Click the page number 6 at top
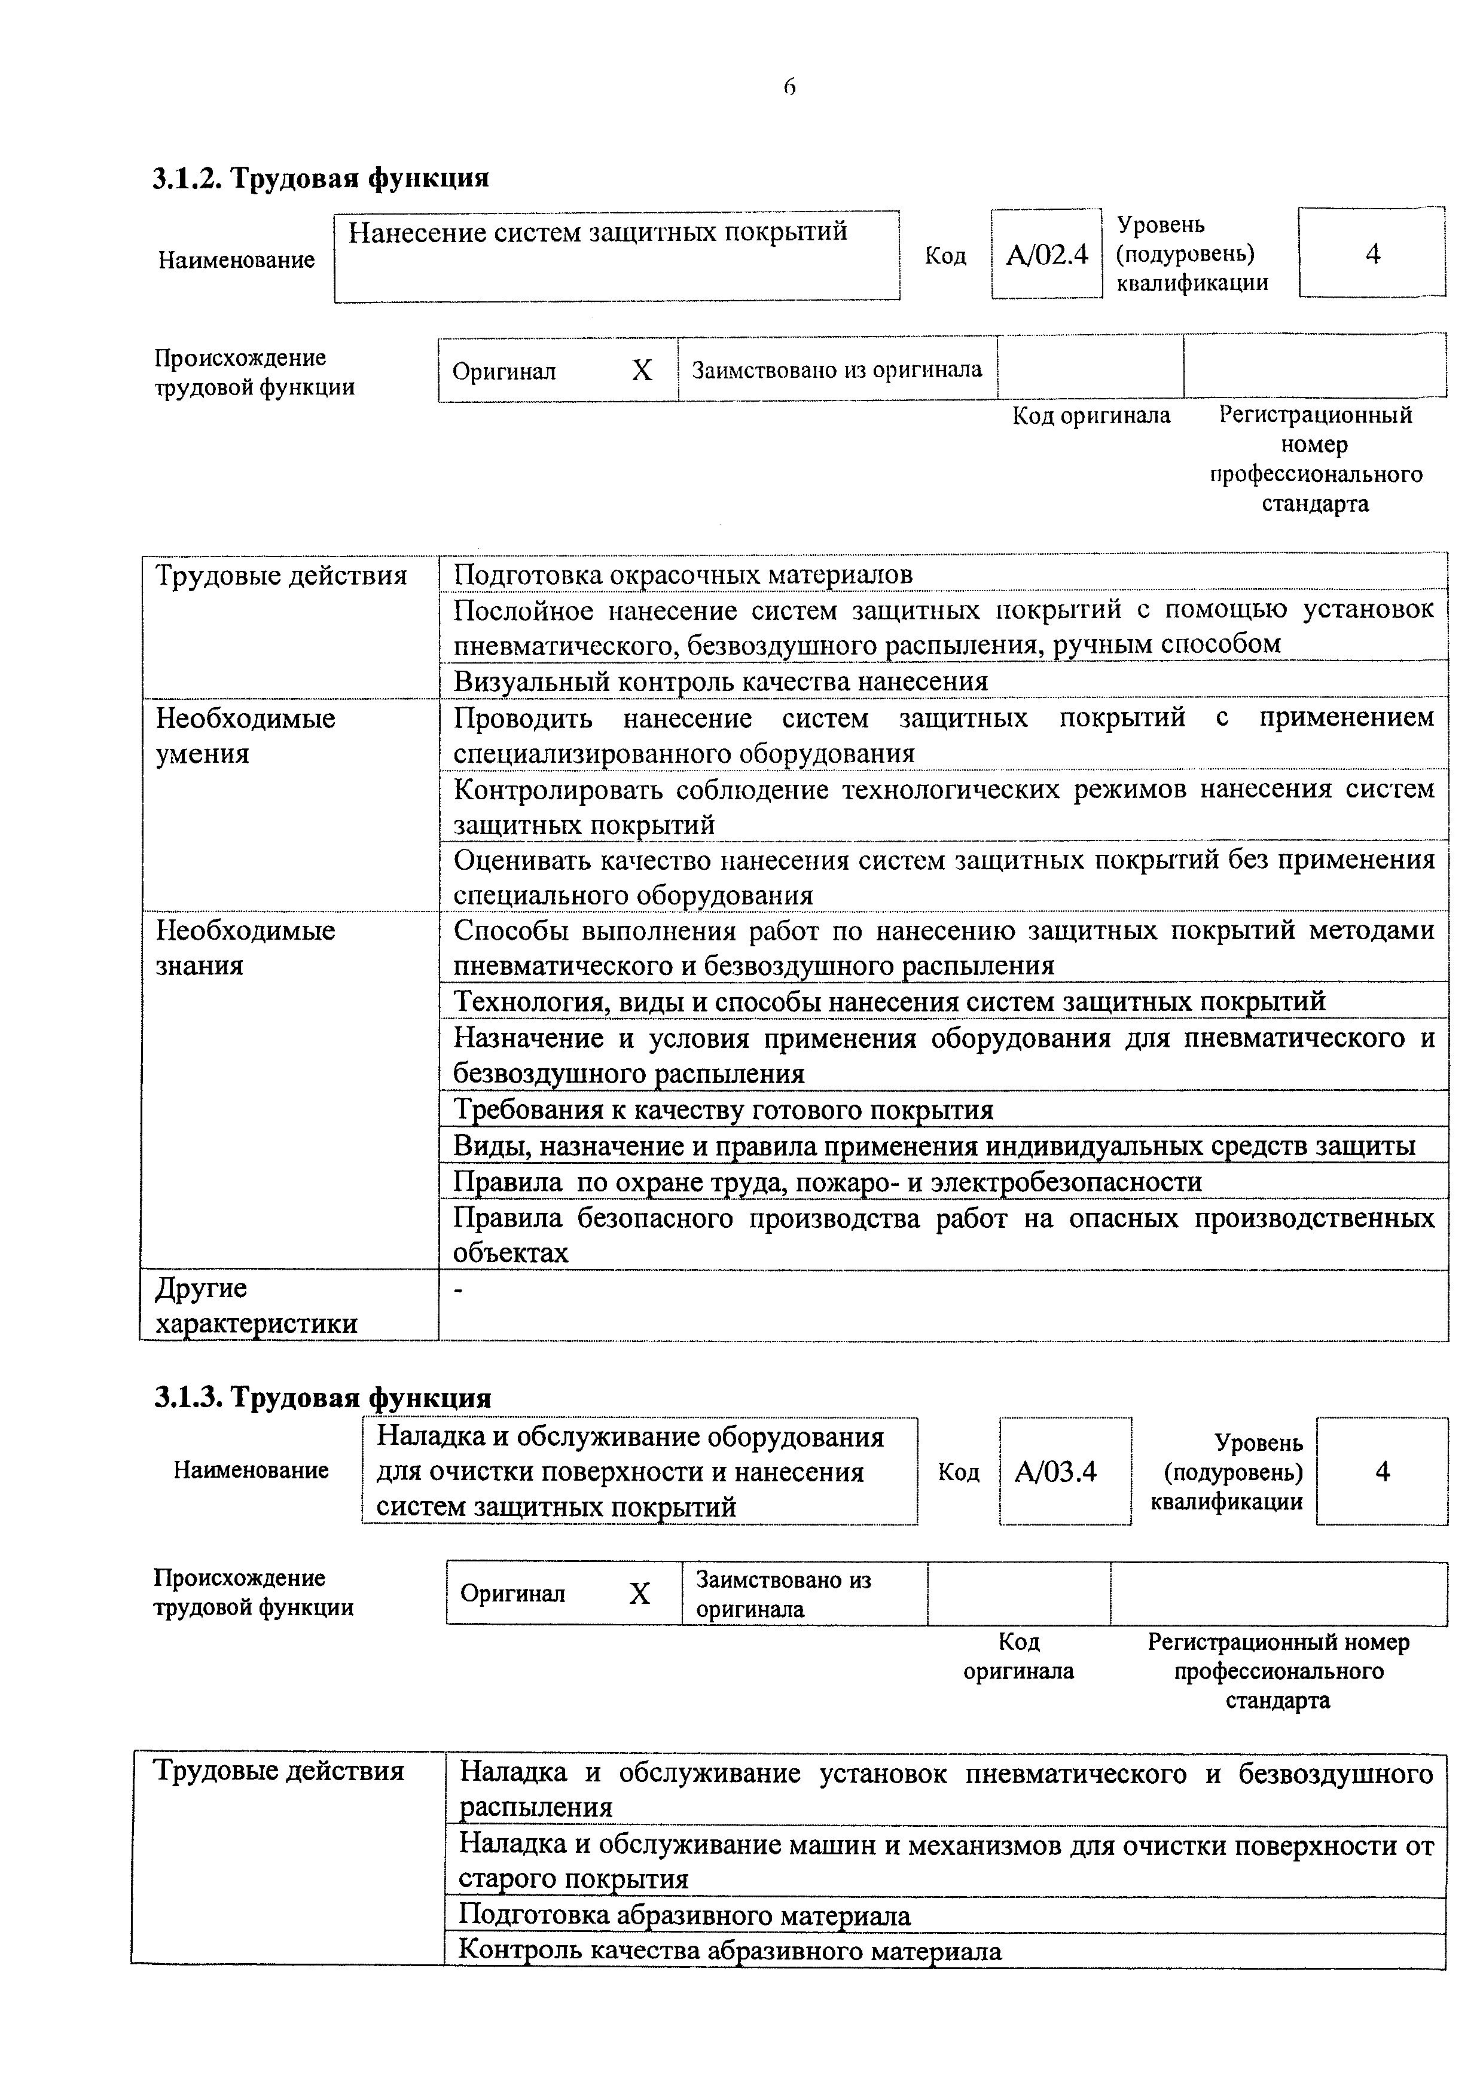tap(789, 88)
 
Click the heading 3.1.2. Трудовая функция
tap(320, 177)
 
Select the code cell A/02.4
tap(1046, 255)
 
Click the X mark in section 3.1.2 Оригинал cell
tap(642, 371)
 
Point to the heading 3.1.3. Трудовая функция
tap(322, 1398)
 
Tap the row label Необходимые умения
tap(245, 736)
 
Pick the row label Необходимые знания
tap(245, 948)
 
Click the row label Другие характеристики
tap(256, 1306)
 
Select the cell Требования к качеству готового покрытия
tap(723, 1111)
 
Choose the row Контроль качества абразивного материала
tap(729, 1951)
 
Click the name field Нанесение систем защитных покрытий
tap(599, 233)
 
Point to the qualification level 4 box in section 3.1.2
tap(1372, 255)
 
